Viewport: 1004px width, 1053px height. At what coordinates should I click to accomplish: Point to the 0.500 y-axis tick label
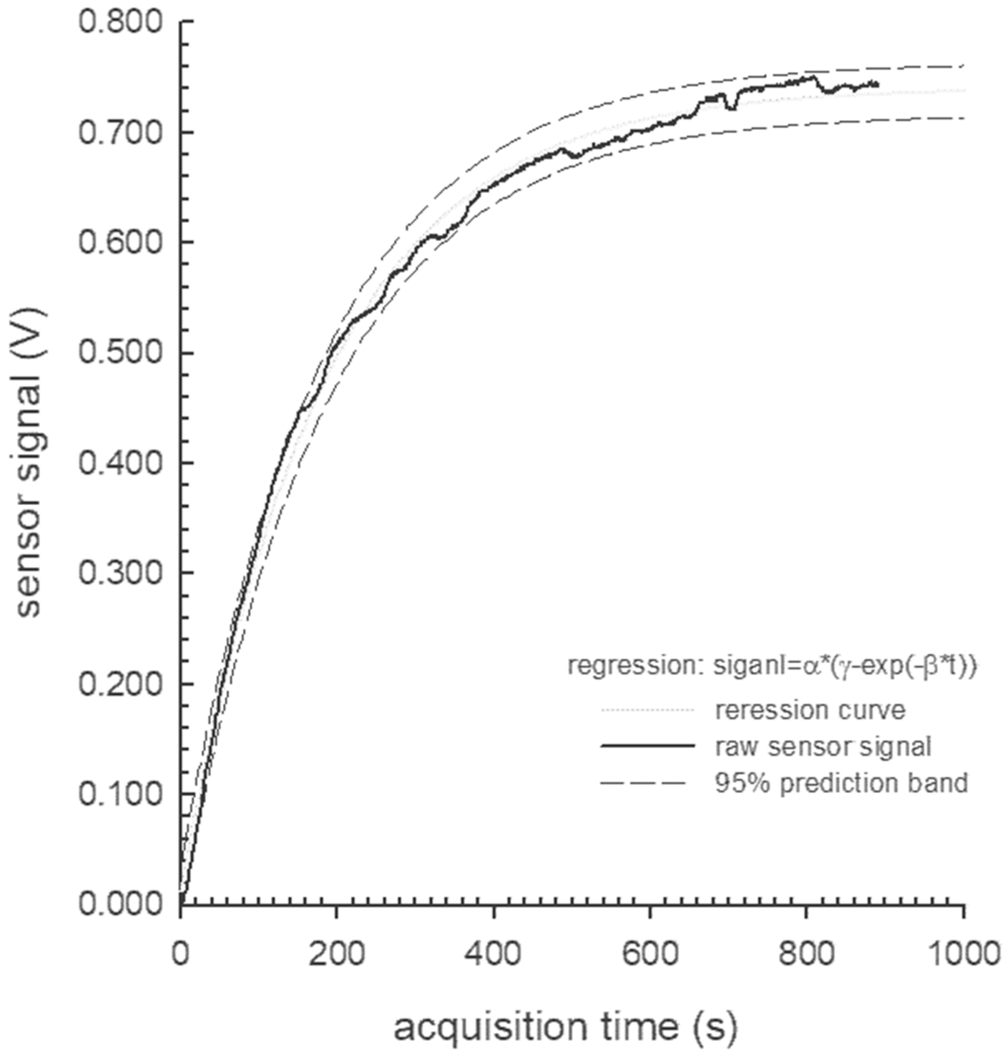click(120, 353)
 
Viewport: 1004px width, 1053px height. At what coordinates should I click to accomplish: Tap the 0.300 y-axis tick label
click(120, 573)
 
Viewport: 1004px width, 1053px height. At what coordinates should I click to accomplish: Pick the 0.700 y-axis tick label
click(120, 132)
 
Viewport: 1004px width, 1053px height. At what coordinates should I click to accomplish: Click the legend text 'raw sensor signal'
click(823, 747)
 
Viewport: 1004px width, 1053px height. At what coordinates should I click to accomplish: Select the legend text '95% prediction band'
click(841, 783)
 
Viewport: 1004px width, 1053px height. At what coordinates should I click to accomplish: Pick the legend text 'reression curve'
click(810, 710)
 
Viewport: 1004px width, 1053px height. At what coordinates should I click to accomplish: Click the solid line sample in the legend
click(647, 745)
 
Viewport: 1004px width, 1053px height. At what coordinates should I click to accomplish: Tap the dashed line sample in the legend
click(642, 783)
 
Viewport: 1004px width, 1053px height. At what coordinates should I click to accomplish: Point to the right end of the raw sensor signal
click(878, 85)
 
